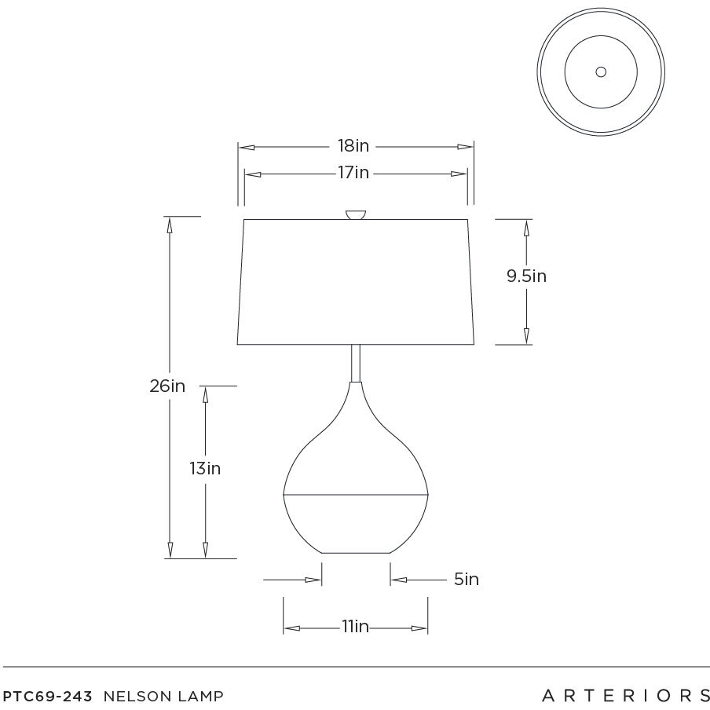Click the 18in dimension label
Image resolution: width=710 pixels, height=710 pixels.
[x=353, y=146]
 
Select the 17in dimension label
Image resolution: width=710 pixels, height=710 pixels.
[x=353, y=173]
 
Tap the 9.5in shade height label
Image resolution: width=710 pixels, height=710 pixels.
[x=527, y=276]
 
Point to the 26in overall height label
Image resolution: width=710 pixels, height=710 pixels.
[x=167, y=386]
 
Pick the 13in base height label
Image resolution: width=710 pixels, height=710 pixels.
[x=205, y=468]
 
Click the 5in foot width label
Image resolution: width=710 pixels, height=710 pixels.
[x=467, y=579]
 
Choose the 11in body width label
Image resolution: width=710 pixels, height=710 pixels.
[x=356, y=627]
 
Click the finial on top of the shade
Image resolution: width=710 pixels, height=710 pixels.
[x=356, y=214]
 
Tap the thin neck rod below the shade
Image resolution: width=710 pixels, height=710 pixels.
[x=356, y=363]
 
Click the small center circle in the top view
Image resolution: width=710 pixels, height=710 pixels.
[x=601, y=72]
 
